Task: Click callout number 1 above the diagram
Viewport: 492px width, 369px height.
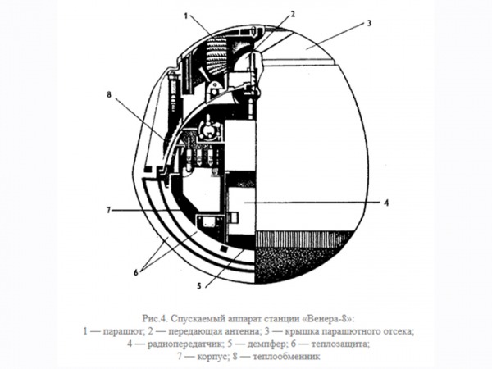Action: (x=186, y=16)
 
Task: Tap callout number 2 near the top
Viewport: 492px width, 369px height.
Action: (x=293, y=15)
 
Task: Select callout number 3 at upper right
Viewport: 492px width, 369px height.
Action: (x=369, y=23)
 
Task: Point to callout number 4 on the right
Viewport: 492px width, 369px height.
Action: (x=386, y=203)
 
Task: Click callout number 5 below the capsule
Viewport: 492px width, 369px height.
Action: (x=198, y=286)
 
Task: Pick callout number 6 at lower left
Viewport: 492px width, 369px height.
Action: (x=136, y=273)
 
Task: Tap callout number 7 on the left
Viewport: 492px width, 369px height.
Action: (x=108, y=210)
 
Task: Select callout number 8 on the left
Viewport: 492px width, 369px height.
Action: (x=109, y=94)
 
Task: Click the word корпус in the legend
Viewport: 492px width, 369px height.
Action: (x=213, y=357)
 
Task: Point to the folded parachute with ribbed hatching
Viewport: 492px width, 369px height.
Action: (x=216, y=56)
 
